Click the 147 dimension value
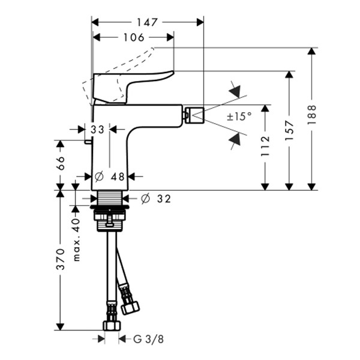pos(147,22)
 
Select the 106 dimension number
pos(134,37)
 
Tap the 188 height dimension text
pos(312,115)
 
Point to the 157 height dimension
pos(289,131)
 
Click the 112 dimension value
pos(265,146)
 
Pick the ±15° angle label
pos(239,116)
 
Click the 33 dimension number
pos(97,130)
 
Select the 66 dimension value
pos(61,163)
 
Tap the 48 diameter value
pos(118,177)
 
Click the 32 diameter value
pos(164,199)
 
